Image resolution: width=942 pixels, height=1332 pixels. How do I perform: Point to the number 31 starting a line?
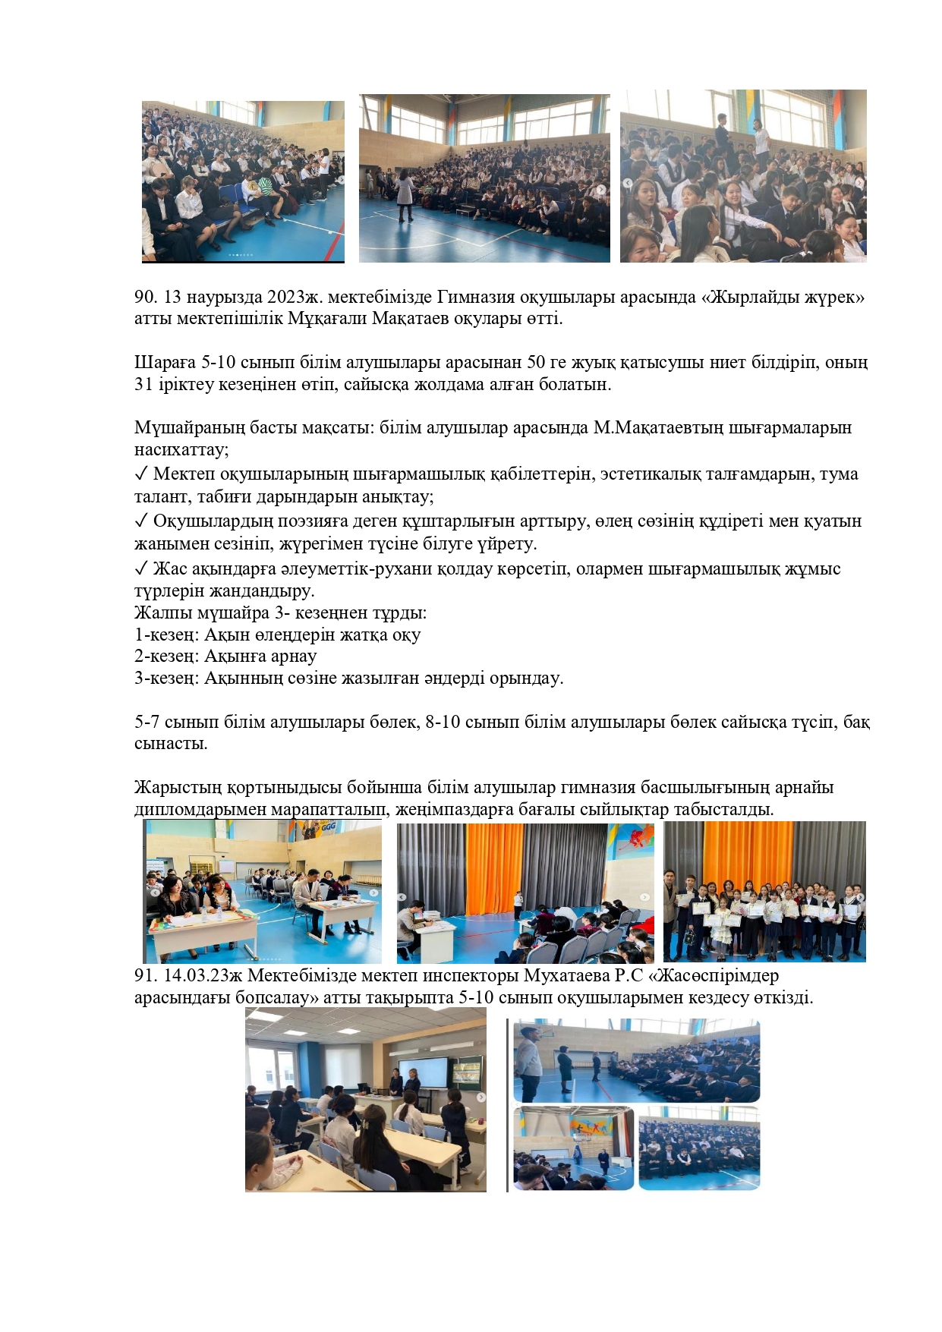click(143, 384)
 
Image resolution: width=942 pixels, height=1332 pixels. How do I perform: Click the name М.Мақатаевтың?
click(658, 428)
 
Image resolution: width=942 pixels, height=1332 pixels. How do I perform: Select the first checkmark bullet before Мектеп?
click(140, 474)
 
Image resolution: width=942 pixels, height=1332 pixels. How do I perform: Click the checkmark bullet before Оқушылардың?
click(140, 521)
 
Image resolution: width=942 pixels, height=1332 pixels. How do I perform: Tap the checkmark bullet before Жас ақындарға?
click(140, 569)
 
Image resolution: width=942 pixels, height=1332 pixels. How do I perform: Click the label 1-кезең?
click(166, 635)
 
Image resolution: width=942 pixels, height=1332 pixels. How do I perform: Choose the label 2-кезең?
click(166, 656)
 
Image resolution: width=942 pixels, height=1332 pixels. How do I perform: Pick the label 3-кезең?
click(166, 678)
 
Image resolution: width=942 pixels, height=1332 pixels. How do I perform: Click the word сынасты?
click(171, 743)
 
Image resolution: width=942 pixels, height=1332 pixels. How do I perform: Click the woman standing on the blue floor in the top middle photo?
click(404, 196)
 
